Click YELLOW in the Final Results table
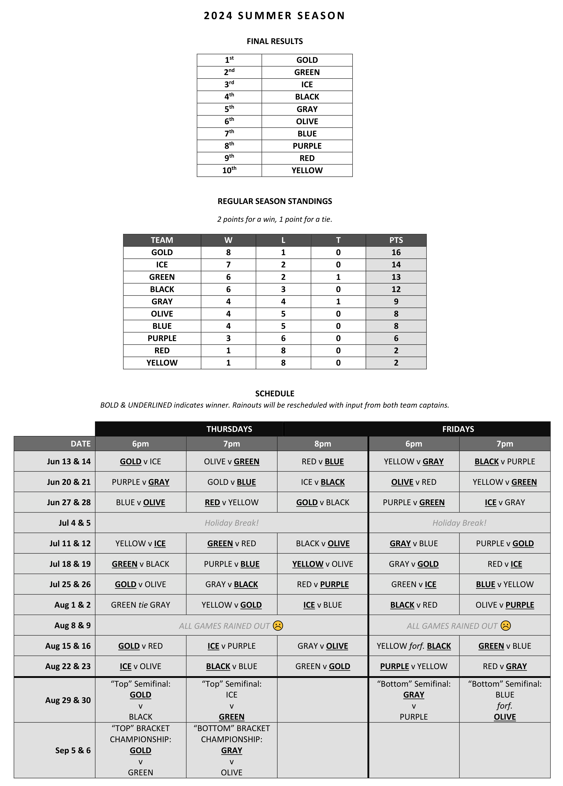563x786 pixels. coord(307,170)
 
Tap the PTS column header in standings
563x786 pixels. coord(396,240)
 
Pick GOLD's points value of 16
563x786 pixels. coord(396,252)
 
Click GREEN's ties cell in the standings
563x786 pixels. coord(338,277)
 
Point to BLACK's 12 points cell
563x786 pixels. coord(396,289)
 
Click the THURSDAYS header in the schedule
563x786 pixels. coord(229,429)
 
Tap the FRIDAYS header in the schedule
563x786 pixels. coord(458,429)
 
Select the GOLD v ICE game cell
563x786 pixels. coord(140,462)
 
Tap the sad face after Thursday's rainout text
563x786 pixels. coord(278,626)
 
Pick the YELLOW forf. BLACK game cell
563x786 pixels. coord(414,646)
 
